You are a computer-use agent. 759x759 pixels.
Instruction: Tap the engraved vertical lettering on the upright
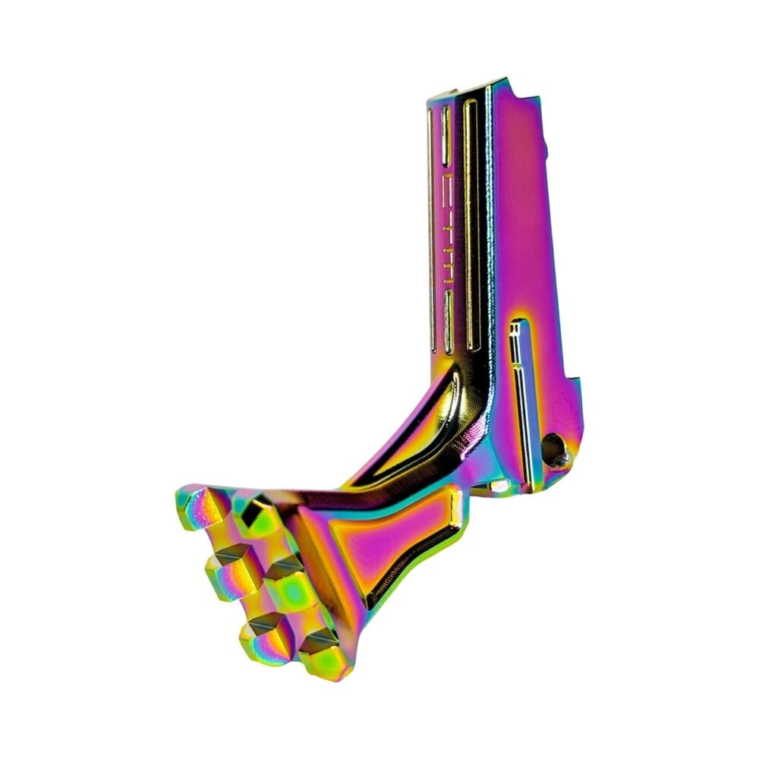[449, 228]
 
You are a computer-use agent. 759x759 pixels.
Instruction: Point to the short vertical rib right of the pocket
[455, 505]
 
